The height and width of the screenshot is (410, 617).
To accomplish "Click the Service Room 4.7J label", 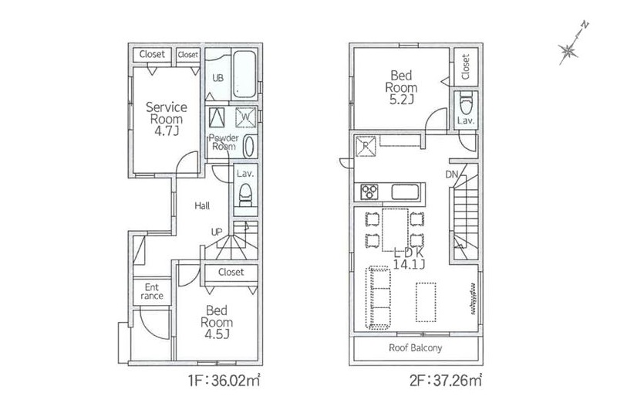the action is (167, 119).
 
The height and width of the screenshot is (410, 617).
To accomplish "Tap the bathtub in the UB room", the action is (244, 74).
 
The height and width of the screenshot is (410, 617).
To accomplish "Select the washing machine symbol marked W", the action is (245, 117).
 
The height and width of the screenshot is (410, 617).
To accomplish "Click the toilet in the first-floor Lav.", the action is (245, 195).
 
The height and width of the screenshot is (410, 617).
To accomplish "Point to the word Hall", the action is (202, 205).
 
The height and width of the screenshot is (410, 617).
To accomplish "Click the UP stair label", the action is (217, 232).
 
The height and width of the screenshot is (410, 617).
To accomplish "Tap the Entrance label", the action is (152, 291).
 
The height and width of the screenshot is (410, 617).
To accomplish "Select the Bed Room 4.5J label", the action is (217, 322).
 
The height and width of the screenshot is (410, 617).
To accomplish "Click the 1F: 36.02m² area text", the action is (224, 381).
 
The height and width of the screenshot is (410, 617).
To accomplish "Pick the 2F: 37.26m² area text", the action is (446, 381).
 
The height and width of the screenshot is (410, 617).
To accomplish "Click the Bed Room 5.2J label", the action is (401, 87).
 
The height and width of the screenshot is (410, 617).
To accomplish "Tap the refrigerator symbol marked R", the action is (366, 146).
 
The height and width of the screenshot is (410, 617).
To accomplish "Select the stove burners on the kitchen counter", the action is (369, 191).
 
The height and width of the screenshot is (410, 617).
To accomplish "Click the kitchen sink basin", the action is (406, 192).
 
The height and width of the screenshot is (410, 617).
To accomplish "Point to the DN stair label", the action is (452, 174).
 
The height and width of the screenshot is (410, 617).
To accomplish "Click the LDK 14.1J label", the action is (410, 259).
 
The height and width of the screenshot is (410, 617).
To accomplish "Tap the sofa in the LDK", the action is (378, 297).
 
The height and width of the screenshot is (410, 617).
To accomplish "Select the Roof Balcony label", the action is (416, 347).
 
